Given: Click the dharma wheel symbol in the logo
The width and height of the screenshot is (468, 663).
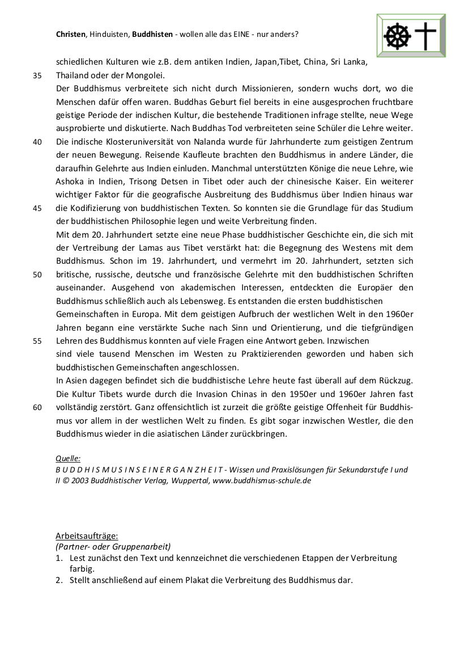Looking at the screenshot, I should tap(397, 36).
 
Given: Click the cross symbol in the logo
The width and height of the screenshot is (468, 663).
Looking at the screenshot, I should tap(426, 36).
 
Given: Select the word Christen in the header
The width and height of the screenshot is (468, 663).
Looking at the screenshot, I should tap(71, 34).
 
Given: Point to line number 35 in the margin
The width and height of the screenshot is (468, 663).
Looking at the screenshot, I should tap(37, 75).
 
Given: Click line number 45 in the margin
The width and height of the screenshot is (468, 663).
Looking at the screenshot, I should tap(37, 208).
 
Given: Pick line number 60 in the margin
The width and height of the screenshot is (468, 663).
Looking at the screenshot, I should tap(37, 407).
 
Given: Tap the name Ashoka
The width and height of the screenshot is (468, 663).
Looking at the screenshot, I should tap(69, 181).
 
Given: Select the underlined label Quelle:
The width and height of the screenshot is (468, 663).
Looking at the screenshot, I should tap(68, 458).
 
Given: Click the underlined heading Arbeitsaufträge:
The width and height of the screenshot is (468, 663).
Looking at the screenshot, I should tap(87, 535).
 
